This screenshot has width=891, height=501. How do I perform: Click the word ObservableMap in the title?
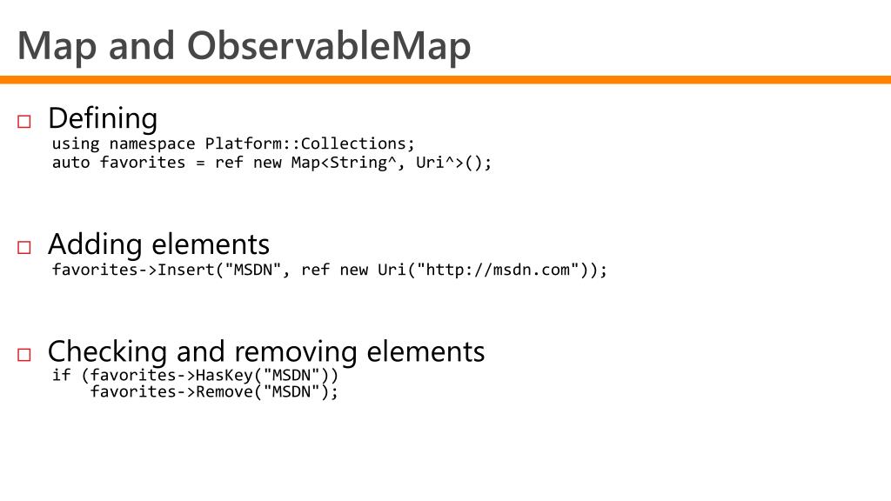click(328, 45)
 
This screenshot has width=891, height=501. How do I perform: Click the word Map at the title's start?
click(57, 45)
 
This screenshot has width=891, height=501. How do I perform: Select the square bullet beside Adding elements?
click(23, 248)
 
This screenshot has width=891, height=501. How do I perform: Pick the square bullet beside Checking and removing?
click(23, 355)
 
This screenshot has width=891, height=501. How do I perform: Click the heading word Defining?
click(103, 118)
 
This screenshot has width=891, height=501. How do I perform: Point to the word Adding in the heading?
click(95, 244)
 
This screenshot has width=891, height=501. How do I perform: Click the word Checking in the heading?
click(107, 351)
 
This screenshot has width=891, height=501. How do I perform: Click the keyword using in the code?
click(76, 144)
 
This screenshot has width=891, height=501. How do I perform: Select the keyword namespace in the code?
click(152, 144)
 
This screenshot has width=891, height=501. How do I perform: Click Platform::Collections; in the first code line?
click(311, 144)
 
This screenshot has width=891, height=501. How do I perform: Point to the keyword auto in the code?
click(70, 163)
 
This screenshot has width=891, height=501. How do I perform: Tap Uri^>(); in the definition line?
click(453, 163)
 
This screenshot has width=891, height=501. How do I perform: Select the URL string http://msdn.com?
click(497, 270)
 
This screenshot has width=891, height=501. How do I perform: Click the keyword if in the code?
click(61, 376)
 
